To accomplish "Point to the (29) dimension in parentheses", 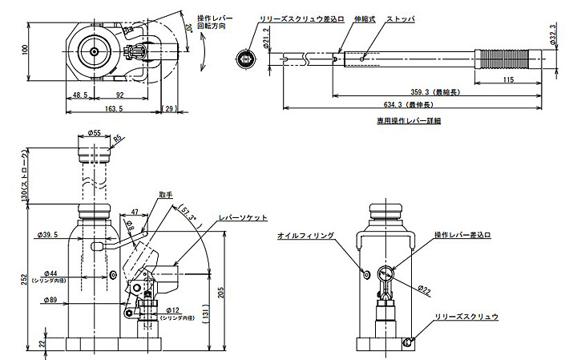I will click(x=169, y=107).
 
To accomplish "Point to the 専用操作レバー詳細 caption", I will click(x=409, y=121).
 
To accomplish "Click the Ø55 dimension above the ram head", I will click(x=94, y=133).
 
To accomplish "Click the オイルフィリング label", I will click(x=305, y=236).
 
